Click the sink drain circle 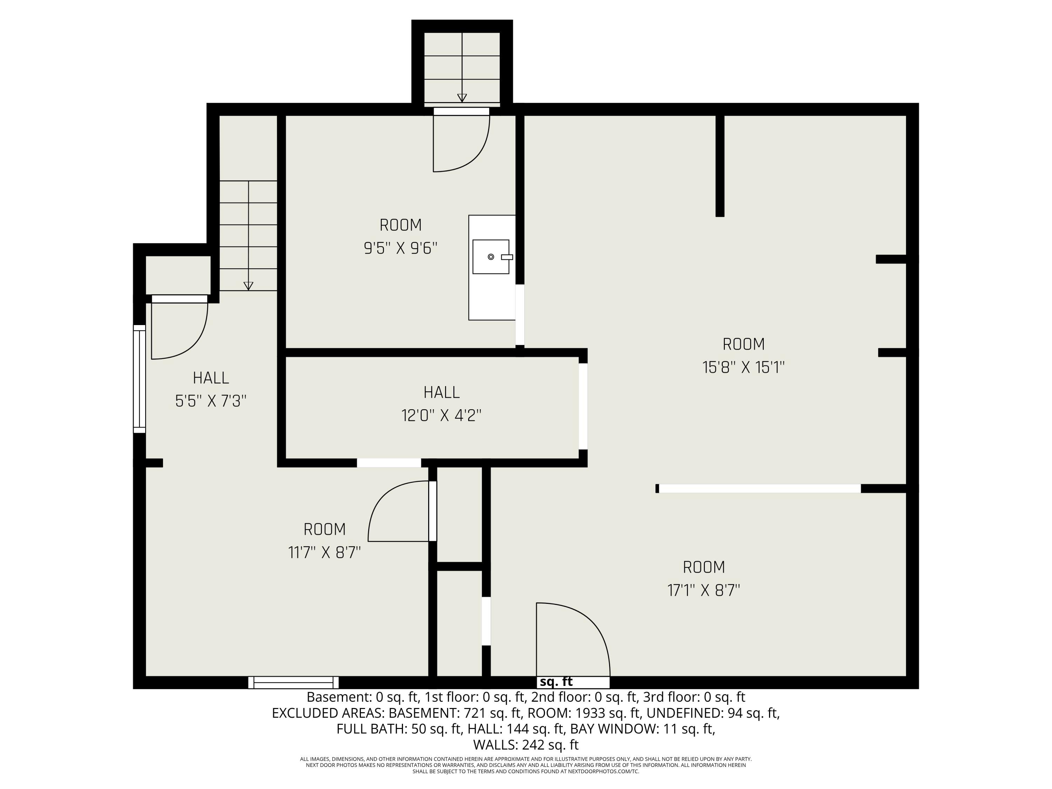tap(491, 257)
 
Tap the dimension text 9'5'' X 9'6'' tap(400, 248)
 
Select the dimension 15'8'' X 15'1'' tap(743, 367)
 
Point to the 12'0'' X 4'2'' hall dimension tap(441, 416)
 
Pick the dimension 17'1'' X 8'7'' tap(703, 591)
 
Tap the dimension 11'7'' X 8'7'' tap(324, 553)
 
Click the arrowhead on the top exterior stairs tap(462, 98)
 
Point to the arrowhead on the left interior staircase tap(248, 286)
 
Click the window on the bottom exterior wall tap(294, 682)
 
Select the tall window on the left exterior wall tap(139, 379)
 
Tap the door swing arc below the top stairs tap(471, 152)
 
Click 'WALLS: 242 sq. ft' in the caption tap(526, 744)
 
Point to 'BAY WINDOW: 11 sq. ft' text tap(642, 729)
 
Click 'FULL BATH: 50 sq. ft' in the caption tap(399, 729)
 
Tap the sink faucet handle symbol tap(507, 257)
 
